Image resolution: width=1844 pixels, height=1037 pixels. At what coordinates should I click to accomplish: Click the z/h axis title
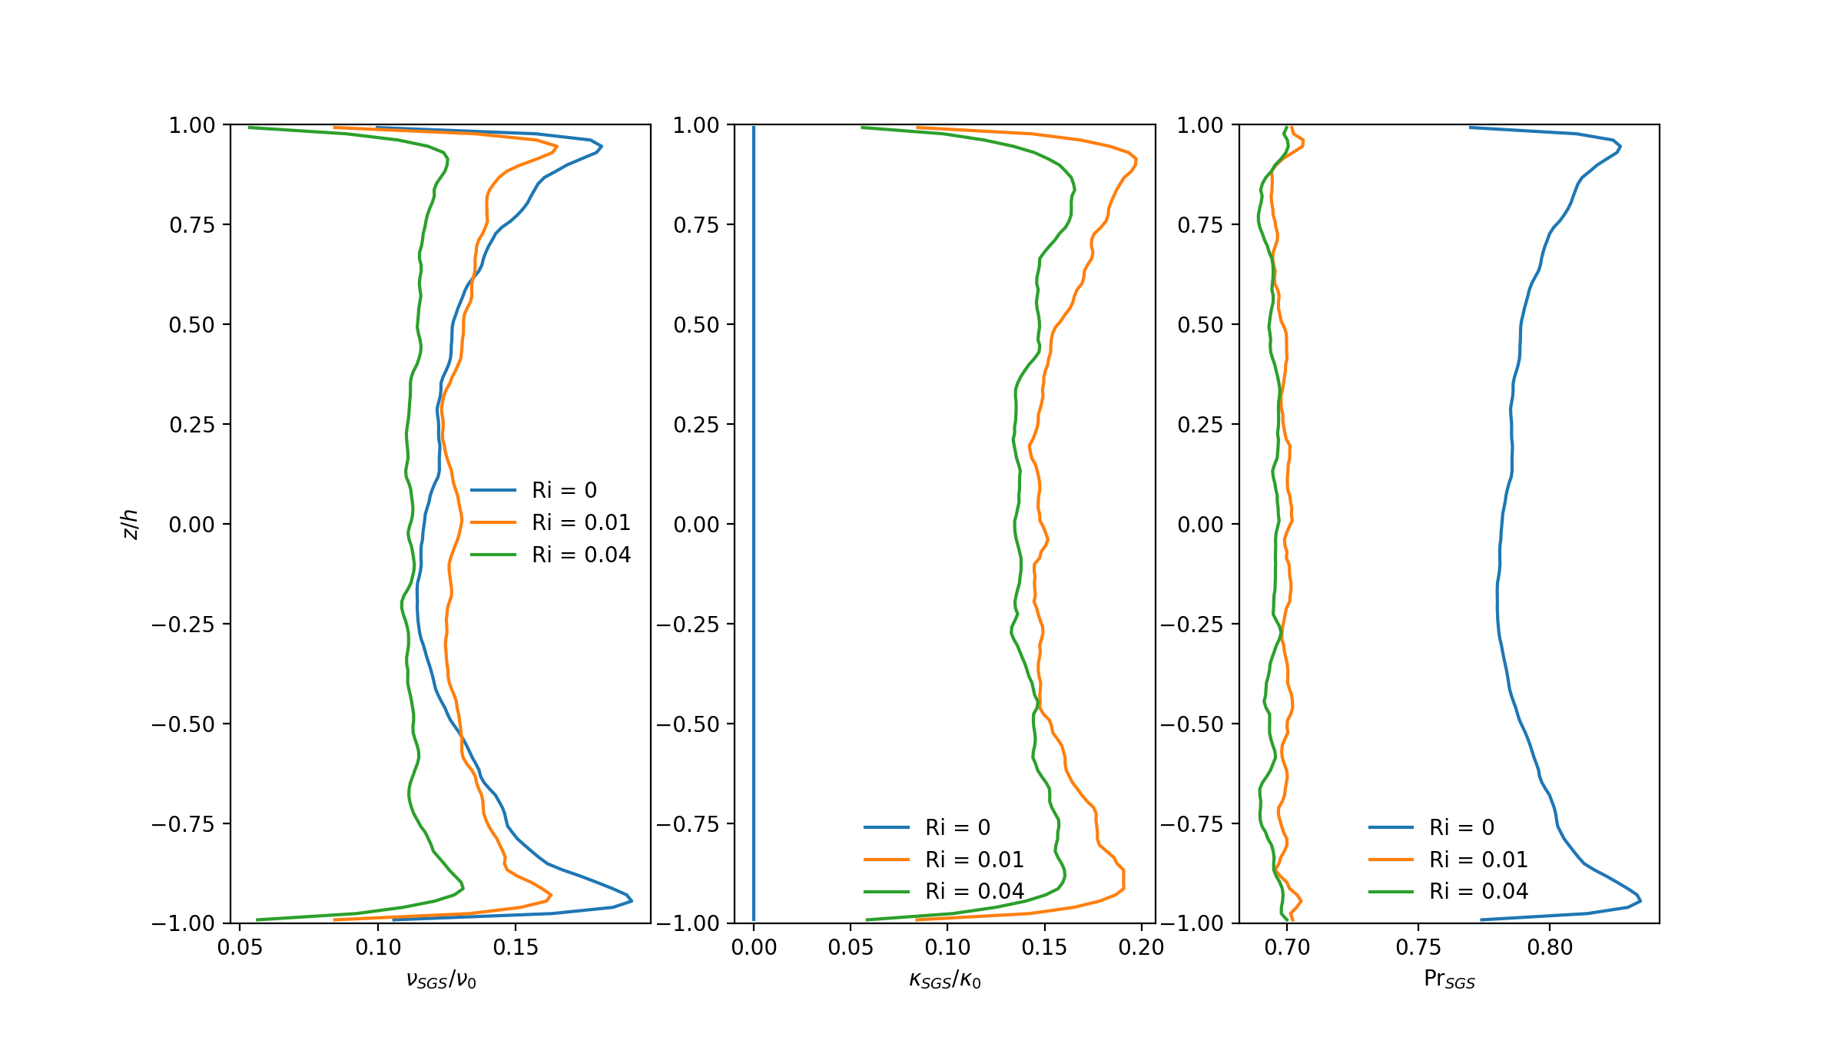click(131, 524)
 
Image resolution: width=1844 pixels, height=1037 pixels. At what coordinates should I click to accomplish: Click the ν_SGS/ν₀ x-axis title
click(441, 979)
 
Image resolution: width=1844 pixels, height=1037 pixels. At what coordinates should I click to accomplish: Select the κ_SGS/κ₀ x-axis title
click(945, 979)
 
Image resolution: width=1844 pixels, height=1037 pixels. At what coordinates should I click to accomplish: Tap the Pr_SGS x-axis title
click(1449, 979)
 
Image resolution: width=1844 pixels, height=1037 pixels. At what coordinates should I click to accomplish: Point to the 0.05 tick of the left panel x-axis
click(240, 947)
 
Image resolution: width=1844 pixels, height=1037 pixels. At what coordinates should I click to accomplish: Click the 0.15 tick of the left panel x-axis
click(516, 947)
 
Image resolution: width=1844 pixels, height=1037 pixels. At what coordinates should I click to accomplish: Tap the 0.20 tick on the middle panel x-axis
click(1141, 947)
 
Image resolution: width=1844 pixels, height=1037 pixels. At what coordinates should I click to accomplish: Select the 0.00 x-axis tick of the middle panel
click(754, 947)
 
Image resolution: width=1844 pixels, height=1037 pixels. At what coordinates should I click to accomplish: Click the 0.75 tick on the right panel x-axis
click(1418, 947)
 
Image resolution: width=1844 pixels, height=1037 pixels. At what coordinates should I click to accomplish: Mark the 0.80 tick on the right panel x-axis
click(1550, 947)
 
